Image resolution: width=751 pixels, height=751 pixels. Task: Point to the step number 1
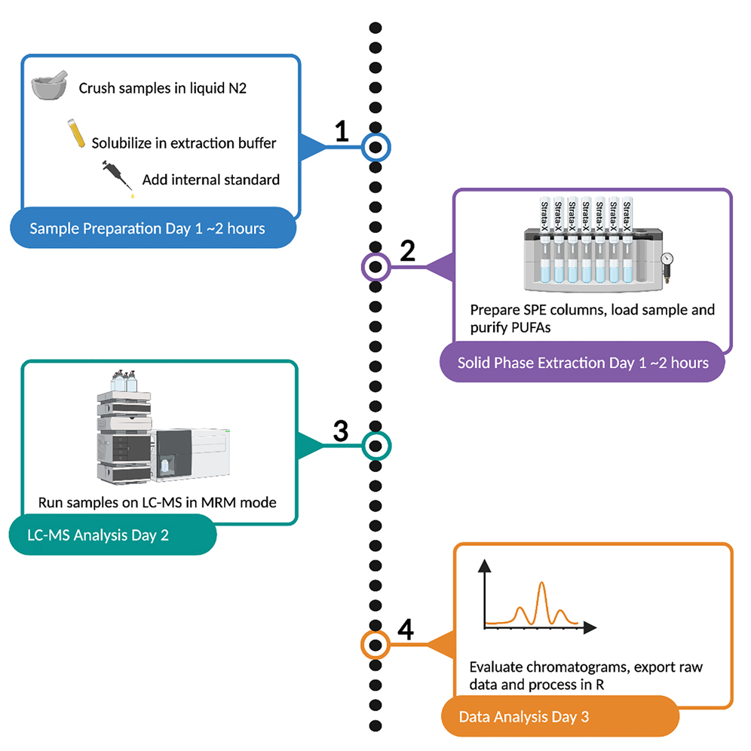pos(342,132)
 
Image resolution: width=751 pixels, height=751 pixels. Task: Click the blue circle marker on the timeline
pos(376,147)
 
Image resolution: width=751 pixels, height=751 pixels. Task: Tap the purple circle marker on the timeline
pos(375,266)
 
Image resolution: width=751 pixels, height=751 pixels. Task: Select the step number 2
pos(407,252)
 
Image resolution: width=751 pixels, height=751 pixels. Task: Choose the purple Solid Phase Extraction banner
pos(583,363)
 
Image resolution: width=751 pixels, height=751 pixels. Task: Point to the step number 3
pos(341,431)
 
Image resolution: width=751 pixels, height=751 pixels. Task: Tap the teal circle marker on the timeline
pos(376,446)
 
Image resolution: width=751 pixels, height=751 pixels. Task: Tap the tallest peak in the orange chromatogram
pos(541,585)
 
